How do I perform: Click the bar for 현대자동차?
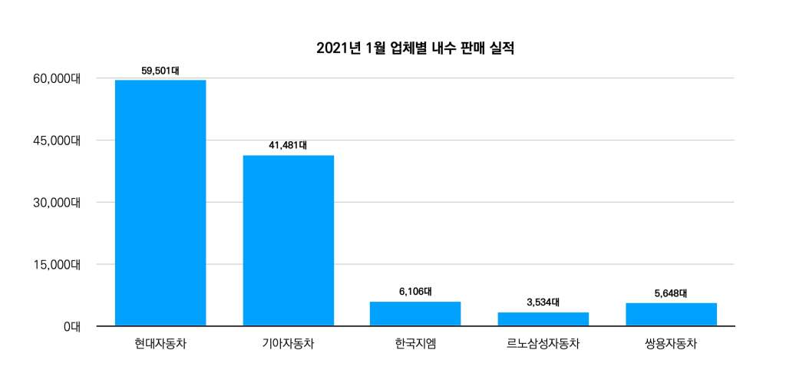click(160, 203)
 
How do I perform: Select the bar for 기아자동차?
click(288, 240)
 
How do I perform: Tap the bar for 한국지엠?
click(415, 313)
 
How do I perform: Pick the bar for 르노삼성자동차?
click(543, 319)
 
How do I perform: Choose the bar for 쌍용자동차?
click(671, 314)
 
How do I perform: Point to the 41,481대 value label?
click(288, 145)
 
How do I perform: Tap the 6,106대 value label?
click(415, 292)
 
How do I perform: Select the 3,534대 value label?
click(543, 302)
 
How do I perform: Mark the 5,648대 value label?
click(671, 293)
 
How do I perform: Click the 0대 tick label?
click(72, 326)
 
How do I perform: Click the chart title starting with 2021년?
click(415, 48)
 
